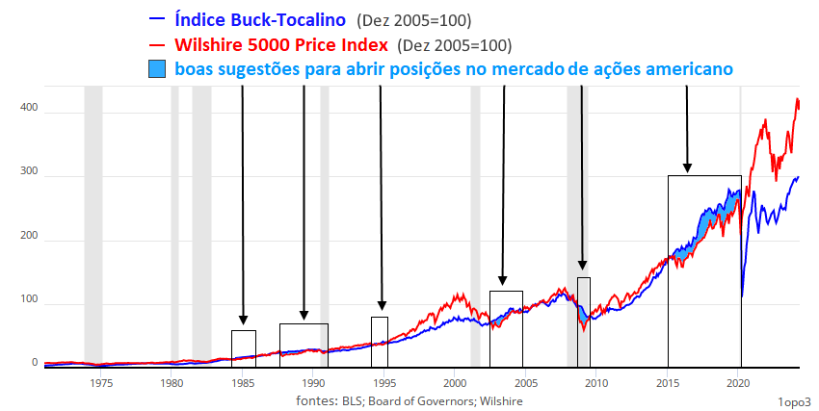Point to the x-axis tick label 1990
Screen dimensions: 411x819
[312, 382]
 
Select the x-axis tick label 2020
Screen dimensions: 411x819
[737, 382]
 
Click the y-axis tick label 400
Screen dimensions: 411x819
[28, 108]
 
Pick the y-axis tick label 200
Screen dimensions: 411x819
[28, 236]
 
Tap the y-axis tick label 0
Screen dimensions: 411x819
[35, 363]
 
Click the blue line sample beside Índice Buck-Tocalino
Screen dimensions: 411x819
[156, 18]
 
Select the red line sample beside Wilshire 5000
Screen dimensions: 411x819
[156, 44]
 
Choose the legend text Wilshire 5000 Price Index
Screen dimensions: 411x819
[282, 44]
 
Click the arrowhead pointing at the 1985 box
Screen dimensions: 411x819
[243, 320]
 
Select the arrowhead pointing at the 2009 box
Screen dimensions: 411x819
[582, 266]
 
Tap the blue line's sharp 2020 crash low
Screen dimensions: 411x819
[742, 295]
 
